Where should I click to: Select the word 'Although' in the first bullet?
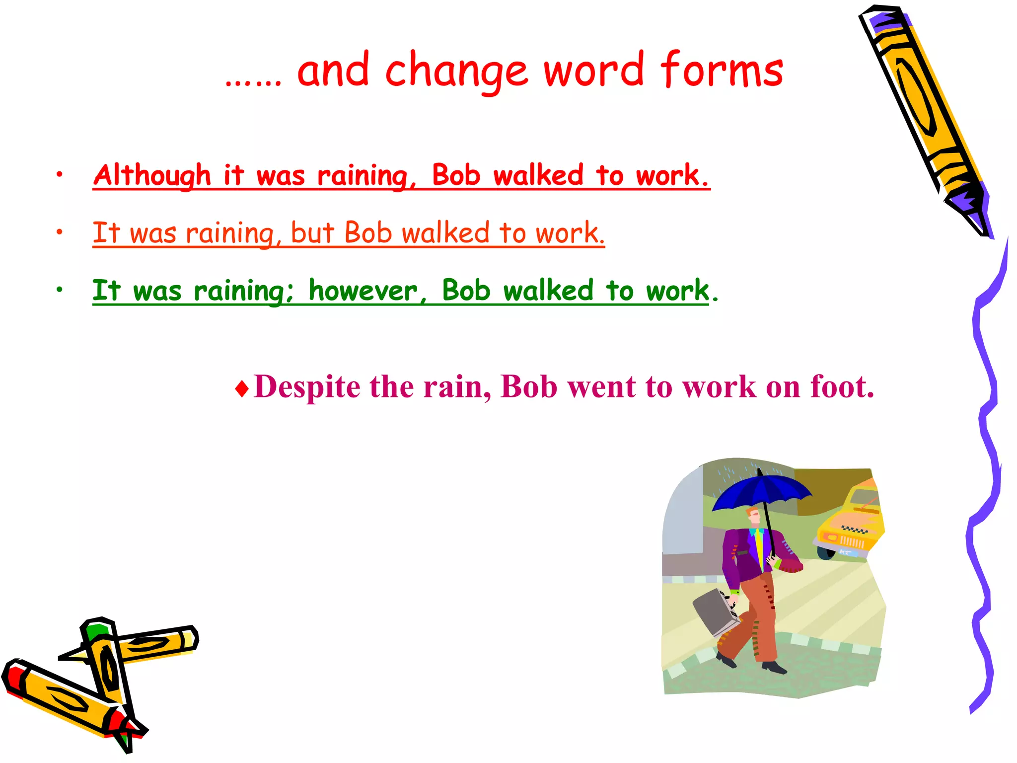[x=152, y=175]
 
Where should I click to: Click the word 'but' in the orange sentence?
[x=312, y=232]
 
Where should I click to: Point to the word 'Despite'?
[x=307, y=386]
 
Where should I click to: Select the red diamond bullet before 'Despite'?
[x=242, y=388]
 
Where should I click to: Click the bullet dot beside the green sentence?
[x=60, y=290]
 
